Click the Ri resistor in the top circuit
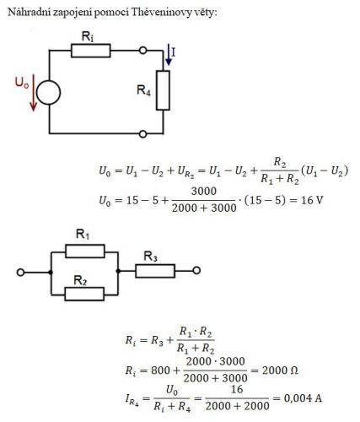click(91, 51)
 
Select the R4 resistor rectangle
click(163, 90)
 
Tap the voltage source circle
click(48, 93)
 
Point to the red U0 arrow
click(34, 93)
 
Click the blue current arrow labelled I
click(169, 55)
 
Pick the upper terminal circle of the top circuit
click(143, 51)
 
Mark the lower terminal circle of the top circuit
click(143, 134)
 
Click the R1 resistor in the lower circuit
click(85, 252)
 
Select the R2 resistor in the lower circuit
click(84, 294)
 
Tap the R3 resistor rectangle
click(155, 271)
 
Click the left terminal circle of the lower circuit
click(20, 273)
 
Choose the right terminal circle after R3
click(196, 271)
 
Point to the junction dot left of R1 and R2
click(51, 273)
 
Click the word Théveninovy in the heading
click(160, 12)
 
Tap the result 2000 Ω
click(280, 371)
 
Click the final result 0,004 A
click(303, 398)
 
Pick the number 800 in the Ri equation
click(160, 371)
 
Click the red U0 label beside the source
click(22, 83)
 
